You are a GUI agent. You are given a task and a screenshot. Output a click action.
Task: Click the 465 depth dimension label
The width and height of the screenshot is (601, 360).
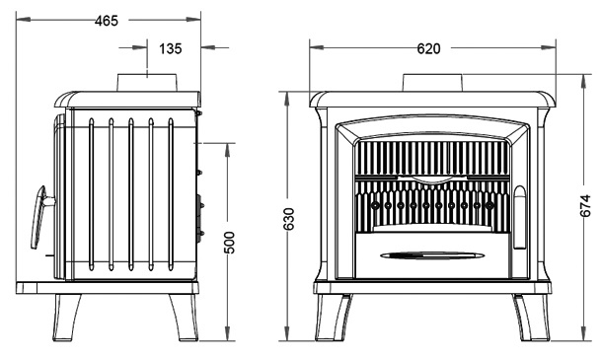(107, 21)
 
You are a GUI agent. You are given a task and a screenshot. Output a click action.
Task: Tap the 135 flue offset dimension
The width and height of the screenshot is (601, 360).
(170, 48)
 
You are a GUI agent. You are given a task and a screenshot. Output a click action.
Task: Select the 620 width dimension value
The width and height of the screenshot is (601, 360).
(428, 48)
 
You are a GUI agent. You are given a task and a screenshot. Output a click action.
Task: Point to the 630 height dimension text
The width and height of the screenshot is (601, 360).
(288, 219)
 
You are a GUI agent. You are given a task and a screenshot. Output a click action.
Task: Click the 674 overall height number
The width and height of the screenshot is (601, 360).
(585, 206)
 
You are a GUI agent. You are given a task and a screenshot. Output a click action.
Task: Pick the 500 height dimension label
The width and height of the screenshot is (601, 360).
(229, 243)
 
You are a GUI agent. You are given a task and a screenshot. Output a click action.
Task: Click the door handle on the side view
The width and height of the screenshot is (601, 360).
(40, 216)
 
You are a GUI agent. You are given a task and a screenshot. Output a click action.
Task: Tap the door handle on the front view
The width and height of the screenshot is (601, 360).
(519, 217)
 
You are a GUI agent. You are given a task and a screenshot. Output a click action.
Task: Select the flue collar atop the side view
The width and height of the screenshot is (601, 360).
(147, 82)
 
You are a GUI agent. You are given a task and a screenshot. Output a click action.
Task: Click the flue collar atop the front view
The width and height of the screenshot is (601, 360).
(432, 82)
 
